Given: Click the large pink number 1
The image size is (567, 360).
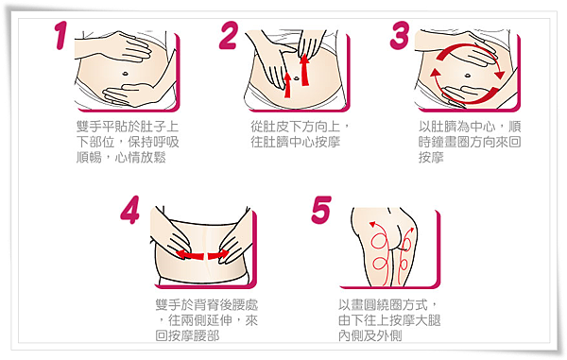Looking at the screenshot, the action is (x=61, y=35).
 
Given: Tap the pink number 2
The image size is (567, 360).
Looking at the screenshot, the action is (x=230, y=35).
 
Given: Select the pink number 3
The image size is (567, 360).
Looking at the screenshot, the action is (x=399, y=35).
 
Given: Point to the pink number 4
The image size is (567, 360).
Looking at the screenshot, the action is (x=130, y=210).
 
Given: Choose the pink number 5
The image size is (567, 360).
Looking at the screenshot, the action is (x=321, y=210).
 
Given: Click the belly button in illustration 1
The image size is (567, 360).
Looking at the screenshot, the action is (x=125, y=74).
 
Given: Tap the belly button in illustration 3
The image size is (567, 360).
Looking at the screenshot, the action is (x=467, y=76).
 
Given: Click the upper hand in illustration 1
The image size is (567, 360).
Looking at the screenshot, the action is (x=123, y=47).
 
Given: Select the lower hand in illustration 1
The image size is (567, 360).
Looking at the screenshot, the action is (x=130, y=94).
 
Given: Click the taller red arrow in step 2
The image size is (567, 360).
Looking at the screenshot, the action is (x=305, y=69).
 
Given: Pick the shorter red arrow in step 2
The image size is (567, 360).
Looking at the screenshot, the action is (x=287, y=85).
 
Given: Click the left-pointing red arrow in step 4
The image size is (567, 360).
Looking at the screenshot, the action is (x=190, y=255).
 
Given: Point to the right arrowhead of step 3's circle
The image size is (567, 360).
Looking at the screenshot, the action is (x=500, y=75).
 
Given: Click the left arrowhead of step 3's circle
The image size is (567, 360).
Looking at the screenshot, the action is (x=436, y=73).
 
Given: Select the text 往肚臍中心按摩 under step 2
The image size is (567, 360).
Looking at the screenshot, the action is (x=296, y=142).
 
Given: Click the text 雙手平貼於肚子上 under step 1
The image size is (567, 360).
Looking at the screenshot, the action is (x=128, y=127).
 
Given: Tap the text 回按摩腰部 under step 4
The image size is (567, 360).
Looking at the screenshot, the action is (x=187, y=335).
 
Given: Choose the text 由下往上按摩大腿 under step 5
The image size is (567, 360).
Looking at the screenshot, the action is (x=389, y=320).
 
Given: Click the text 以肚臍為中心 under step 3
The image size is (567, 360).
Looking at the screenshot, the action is (x=457, y=127).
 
